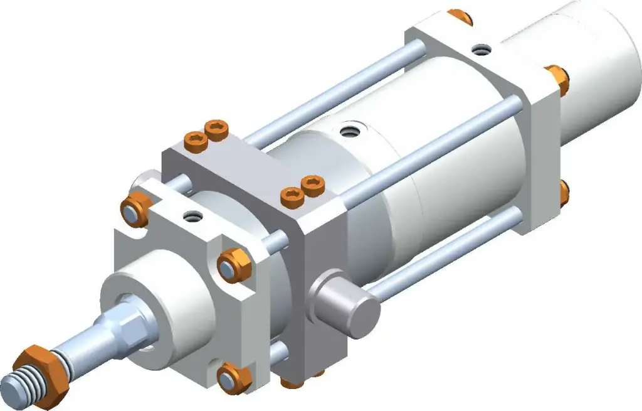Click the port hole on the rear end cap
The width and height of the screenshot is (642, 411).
481,49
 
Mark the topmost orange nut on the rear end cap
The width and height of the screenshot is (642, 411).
461,17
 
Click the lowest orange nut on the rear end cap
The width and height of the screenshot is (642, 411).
564,192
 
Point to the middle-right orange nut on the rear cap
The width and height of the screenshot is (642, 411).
556,79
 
